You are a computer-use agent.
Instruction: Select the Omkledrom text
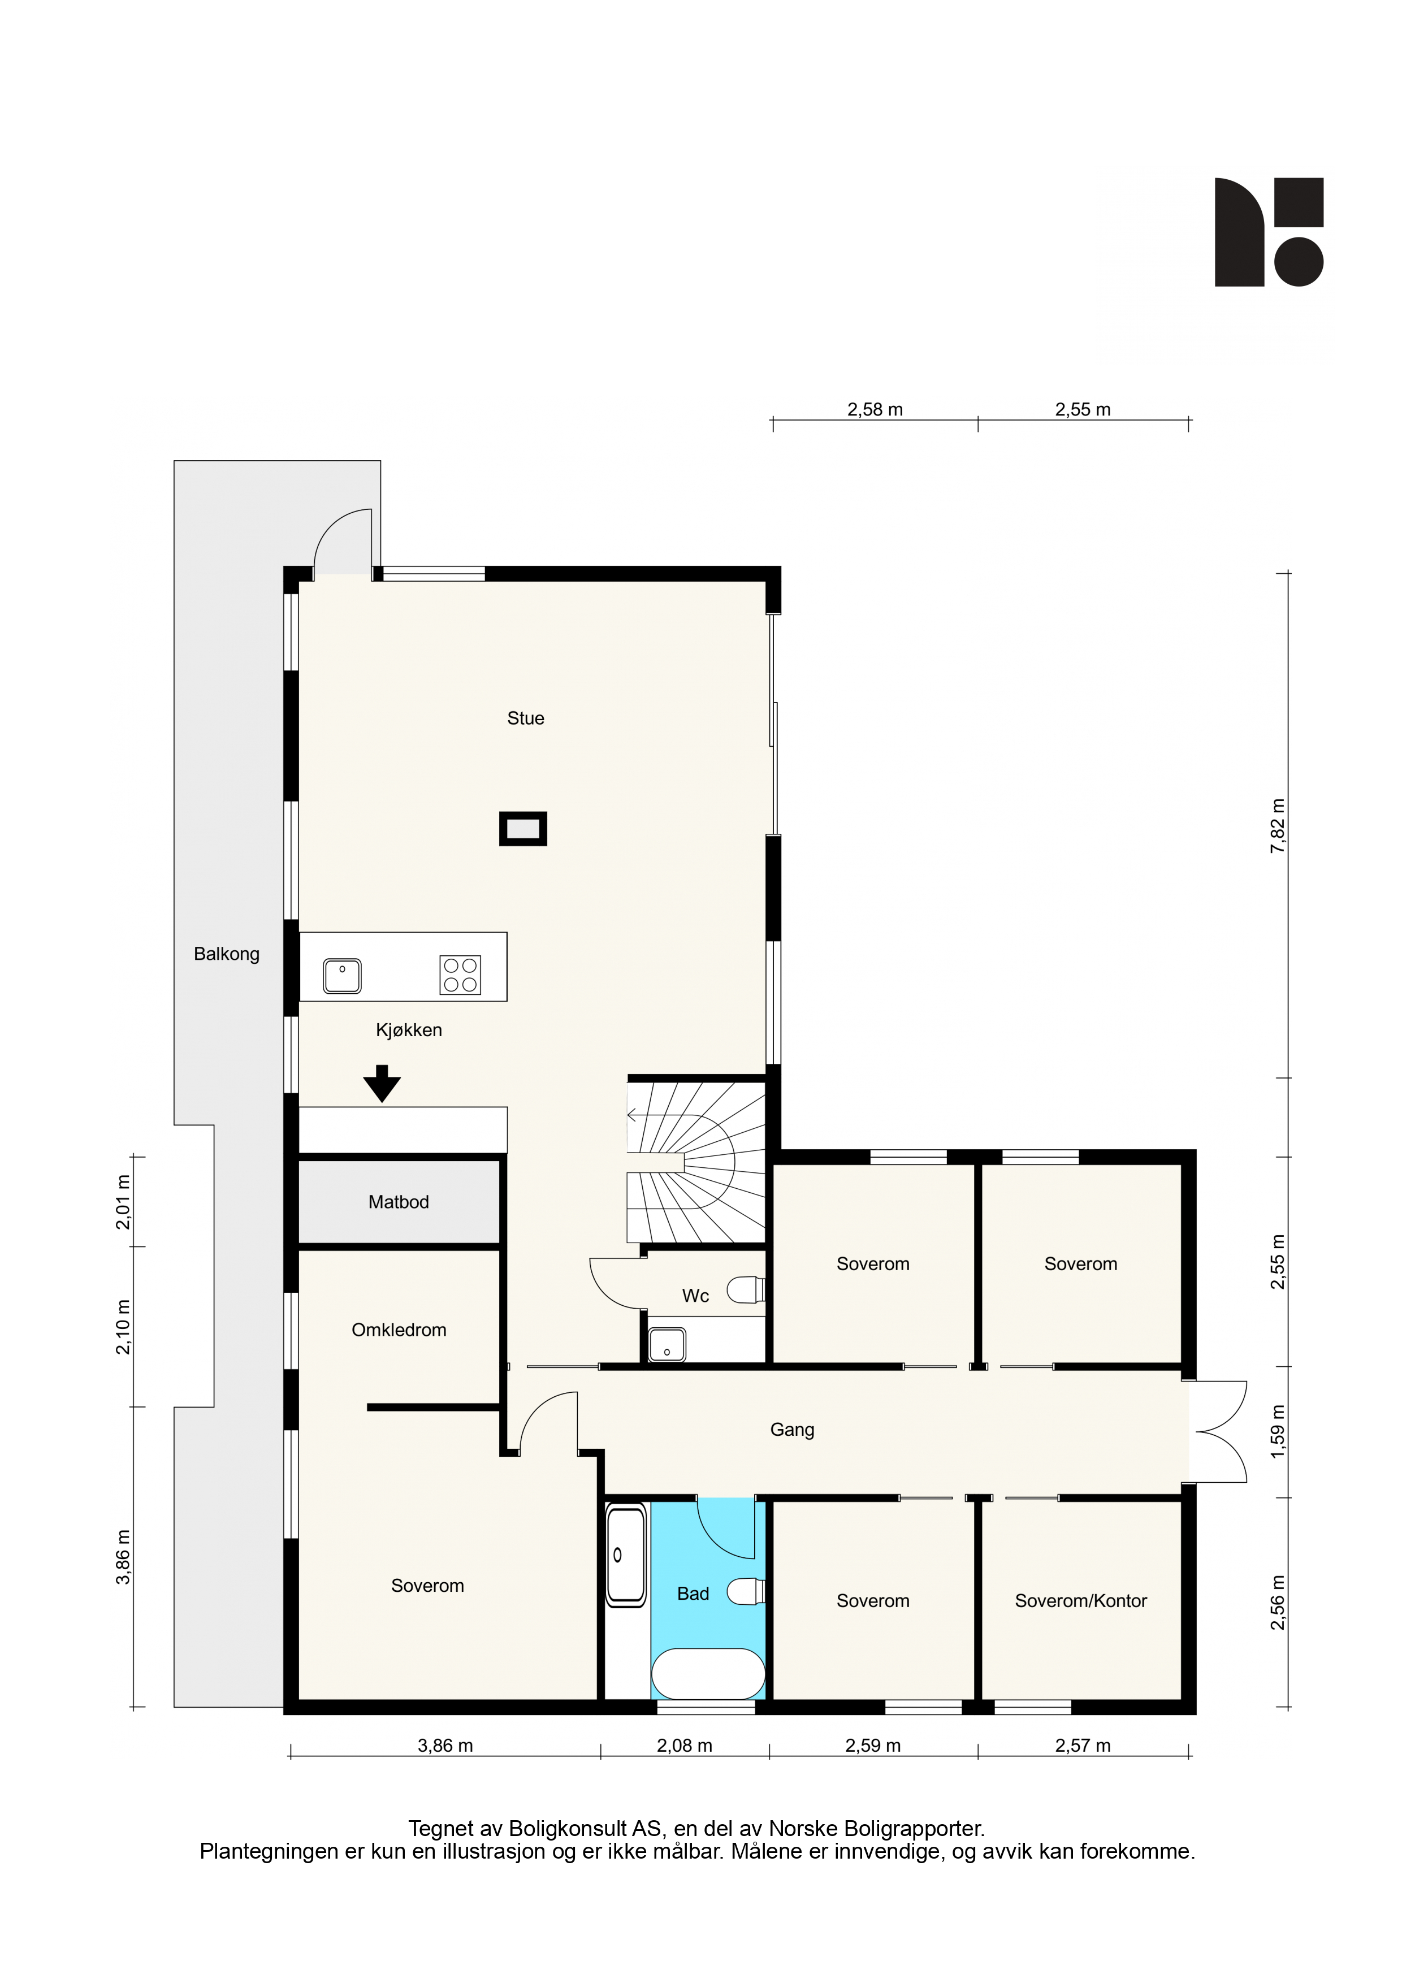tap(399, 1330)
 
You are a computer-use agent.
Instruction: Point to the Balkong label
tap(226, 954)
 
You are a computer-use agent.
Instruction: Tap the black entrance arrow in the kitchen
tap(382, 1083)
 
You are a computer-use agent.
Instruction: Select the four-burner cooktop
tap(460, 975)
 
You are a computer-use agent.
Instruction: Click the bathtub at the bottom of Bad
tap(708, 1675)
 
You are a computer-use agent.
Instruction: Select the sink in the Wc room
tap(667, 1345)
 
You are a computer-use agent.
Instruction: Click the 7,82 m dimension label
tap(1278, 826)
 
